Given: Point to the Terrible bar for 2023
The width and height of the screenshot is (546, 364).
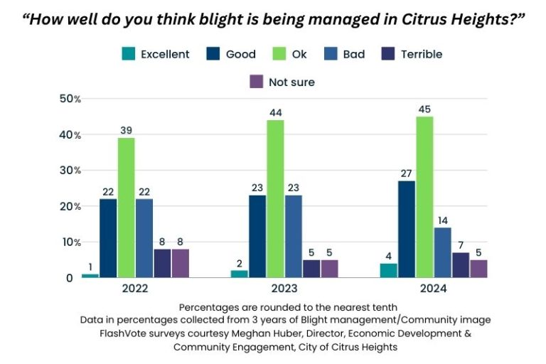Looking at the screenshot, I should (311, 269).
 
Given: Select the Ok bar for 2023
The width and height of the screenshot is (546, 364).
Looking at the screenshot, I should (275, 199).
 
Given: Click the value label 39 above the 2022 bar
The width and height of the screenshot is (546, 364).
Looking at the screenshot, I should (126, 130).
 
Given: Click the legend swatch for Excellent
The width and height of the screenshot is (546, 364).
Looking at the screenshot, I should (129, 54).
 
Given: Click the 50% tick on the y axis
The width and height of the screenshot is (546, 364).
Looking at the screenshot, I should (70, 99).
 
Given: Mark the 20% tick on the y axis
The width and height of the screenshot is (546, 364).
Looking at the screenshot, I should (70, 206).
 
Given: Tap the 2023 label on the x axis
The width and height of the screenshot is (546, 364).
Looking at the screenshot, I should (284, 290).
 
